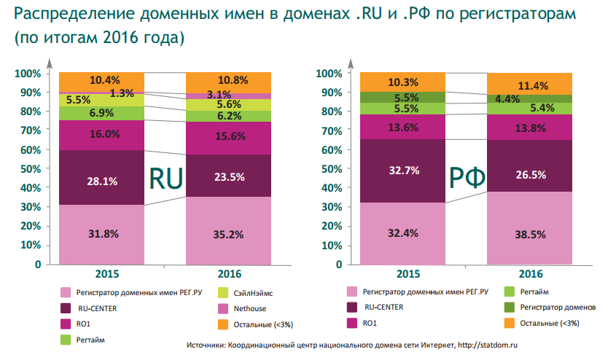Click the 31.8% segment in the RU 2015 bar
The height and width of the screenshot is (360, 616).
click(103, 234)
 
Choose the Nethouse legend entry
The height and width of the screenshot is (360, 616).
click(251, 308)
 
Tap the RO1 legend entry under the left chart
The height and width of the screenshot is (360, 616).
click(82, 324)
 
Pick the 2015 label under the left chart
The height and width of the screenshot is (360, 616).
click(104, 274)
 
